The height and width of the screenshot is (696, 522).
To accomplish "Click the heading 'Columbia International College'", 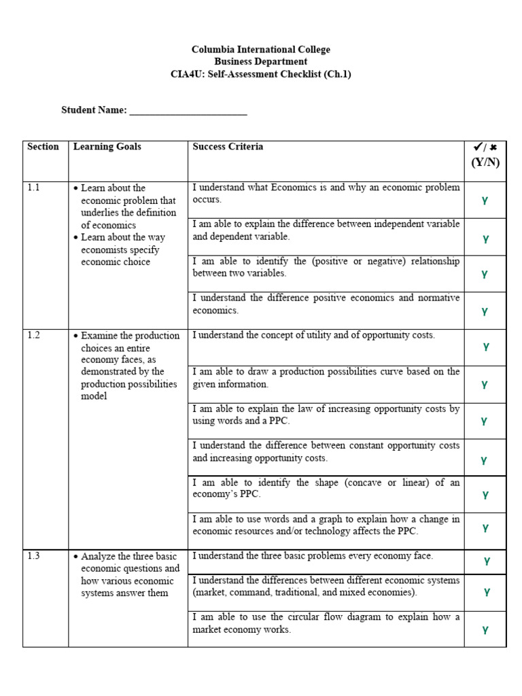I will (x=261, y=50).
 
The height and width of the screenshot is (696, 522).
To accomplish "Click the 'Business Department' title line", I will (x=261, y=62).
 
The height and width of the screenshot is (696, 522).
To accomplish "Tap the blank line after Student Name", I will (x=188, y=111).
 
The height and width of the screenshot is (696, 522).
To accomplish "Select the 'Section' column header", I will (x=43, y=147).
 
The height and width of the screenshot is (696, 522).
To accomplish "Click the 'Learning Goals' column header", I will (x=107, y=147).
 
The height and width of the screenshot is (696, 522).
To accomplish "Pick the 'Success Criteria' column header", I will (x=228, y=147).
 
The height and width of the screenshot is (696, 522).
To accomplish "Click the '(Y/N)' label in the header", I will (x=485, y=162).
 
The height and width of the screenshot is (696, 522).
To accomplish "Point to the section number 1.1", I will (x=34, y=188).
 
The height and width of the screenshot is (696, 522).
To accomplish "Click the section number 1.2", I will (x=34, y=336).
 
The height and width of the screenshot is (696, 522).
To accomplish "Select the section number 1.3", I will (x=34, y=556).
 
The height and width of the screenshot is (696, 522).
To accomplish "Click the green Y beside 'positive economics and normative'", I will (x=485, y=311).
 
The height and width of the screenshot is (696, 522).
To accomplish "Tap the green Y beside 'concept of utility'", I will (x=485, y=347).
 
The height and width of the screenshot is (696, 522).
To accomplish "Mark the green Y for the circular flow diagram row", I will (x=485, y=630).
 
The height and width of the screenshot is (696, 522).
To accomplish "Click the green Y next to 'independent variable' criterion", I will (x=485, y=239).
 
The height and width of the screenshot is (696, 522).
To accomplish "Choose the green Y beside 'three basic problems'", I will (x=487, y=561).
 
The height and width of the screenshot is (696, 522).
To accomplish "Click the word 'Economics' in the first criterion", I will (x=293, y=188).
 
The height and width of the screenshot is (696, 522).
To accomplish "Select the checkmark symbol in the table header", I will (x=478, y=147).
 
